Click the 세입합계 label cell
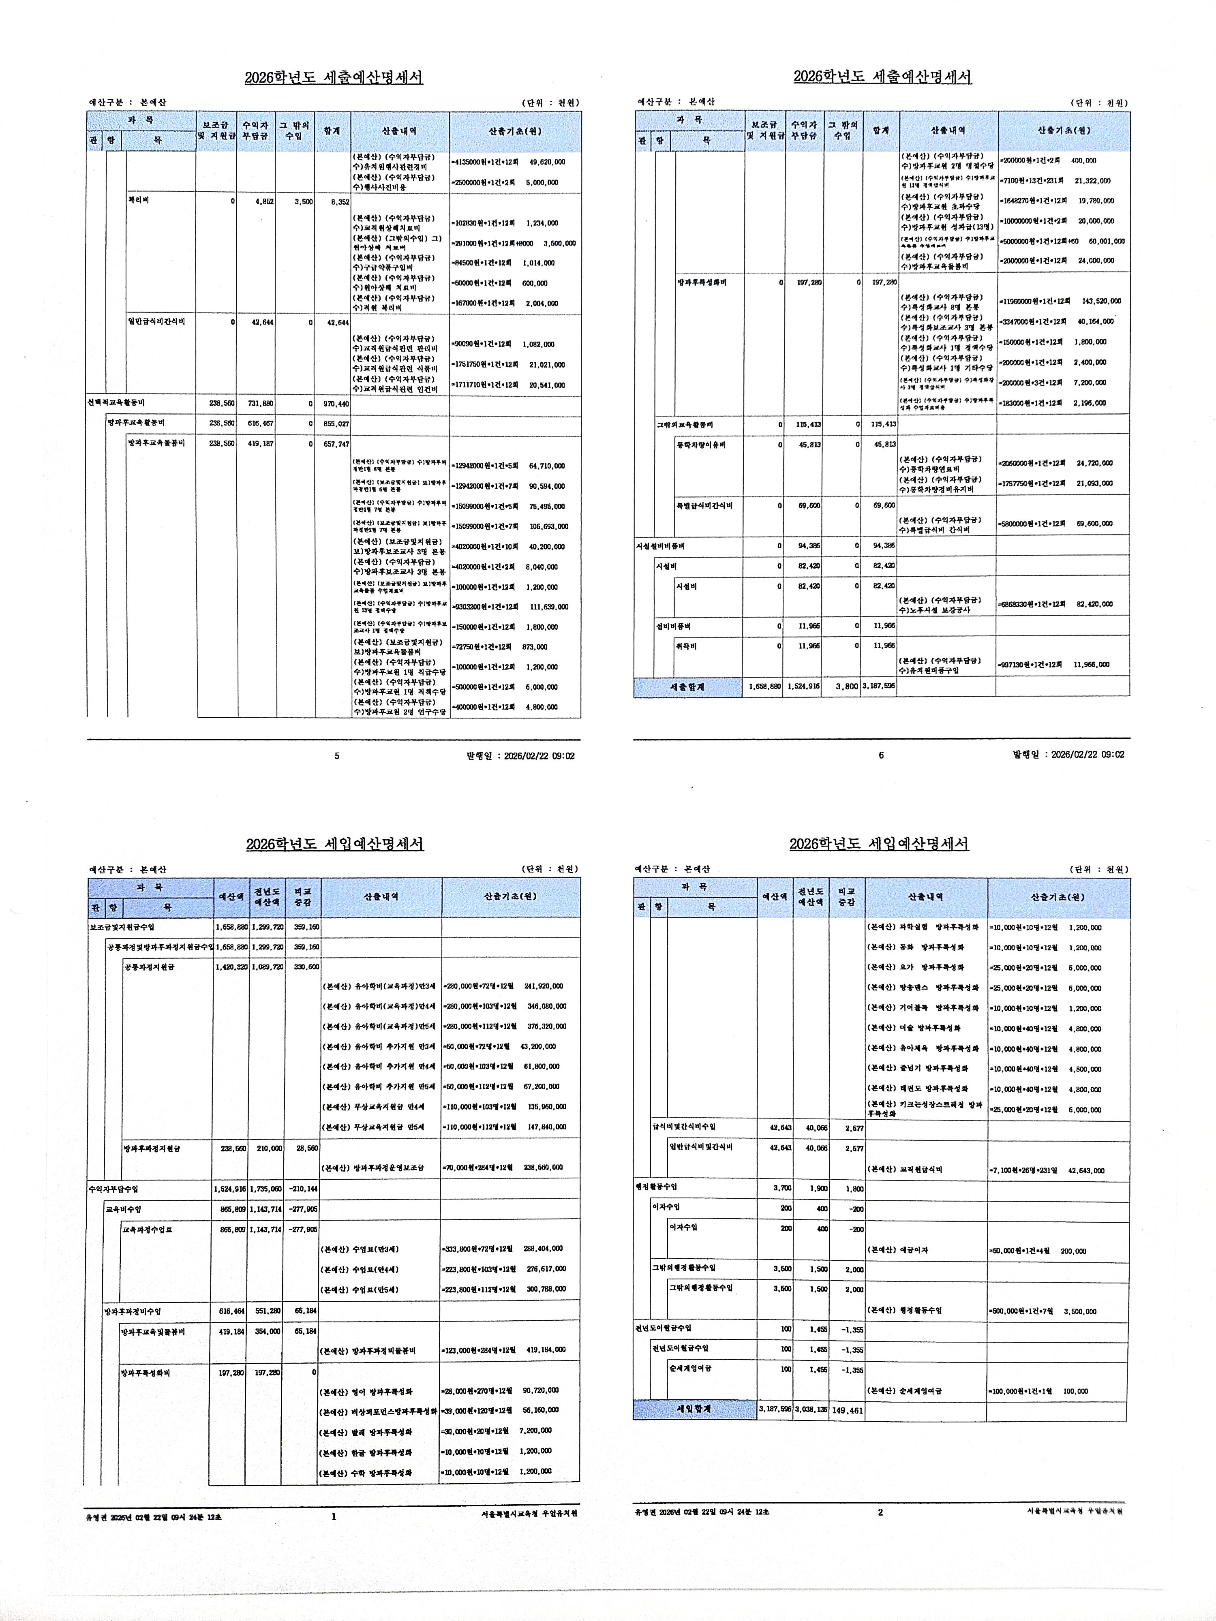point(694,1409)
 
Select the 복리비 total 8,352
point(338,201)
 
